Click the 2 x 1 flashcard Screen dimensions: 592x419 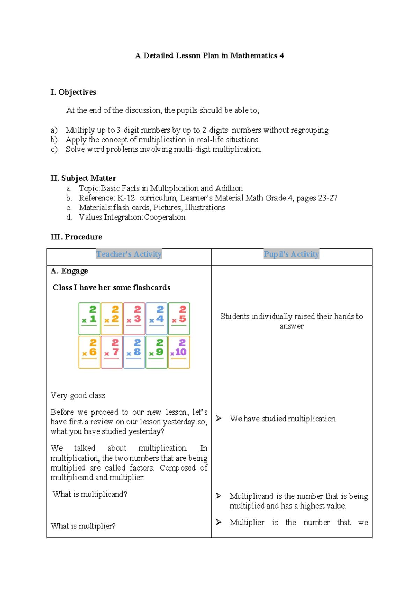(x=89, y=319)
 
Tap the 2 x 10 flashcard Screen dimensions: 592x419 (x=179, y=352)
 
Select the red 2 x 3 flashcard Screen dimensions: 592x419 (x=134, y=319)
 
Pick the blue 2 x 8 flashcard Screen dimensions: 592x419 (x=134, y=352)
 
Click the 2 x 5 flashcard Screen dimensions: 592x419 (x=179, y=319)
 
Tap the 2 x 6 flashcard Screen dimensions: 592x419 (x=89, y=352)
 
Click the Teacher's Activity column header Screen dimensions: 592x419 (x=129, y=254)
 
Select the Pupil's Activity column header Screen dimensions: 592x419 (x=291, y=254)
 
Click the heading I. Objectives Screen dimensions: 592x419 (x=73, y=92)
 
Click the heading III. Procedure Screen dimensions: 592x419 (x=76, y=237)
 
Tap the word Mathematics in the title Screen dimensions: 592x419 (x=254, y=55)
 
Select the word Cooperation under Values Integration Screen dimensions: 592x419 (x=164, y=217)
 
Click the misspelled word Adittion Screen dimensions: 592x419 (x=229, y=188)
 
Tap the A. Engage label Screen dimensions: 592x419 (x=69, y=271)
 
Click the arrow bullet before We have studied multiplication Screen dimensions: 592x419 (x=219, y=418)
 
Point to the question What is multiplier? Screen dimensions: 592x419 (x=83, y=526)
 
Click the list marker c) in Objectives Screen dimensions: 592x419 (x=54, y=149)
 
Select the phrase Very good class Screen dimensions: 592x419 (x=78, y=395)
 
